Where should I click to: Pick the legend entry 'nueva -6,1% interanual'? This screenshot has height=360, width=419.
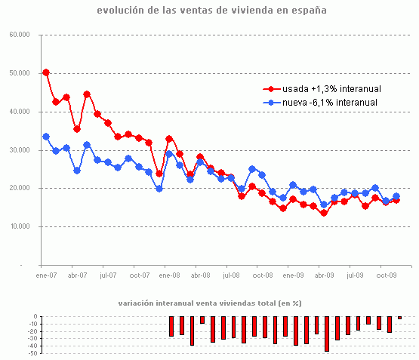(x=325, y=102)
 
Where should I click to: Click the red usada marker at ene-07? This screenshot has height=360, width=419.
(x=46, y=72)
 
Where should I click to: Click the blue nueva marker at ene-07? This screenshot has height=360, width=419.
(x=46, y=137)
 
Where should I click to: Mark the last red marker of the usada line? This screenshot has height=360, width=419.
(x=396, y=201)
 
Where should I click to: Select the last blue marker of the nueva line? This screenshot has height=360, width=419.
(x=396, y=196)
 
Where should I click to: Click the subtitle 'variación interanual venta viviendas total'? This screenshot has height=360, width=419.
(x=210, y=303)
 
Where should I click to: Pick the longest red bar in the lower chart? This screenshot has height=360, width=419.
(x=327, y=334)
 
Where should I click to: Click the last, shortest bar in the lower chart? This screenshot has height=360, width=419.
(x=399, y=318)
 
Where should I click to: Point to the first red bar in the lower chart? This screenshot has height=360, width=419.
(x=171, y=326)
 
